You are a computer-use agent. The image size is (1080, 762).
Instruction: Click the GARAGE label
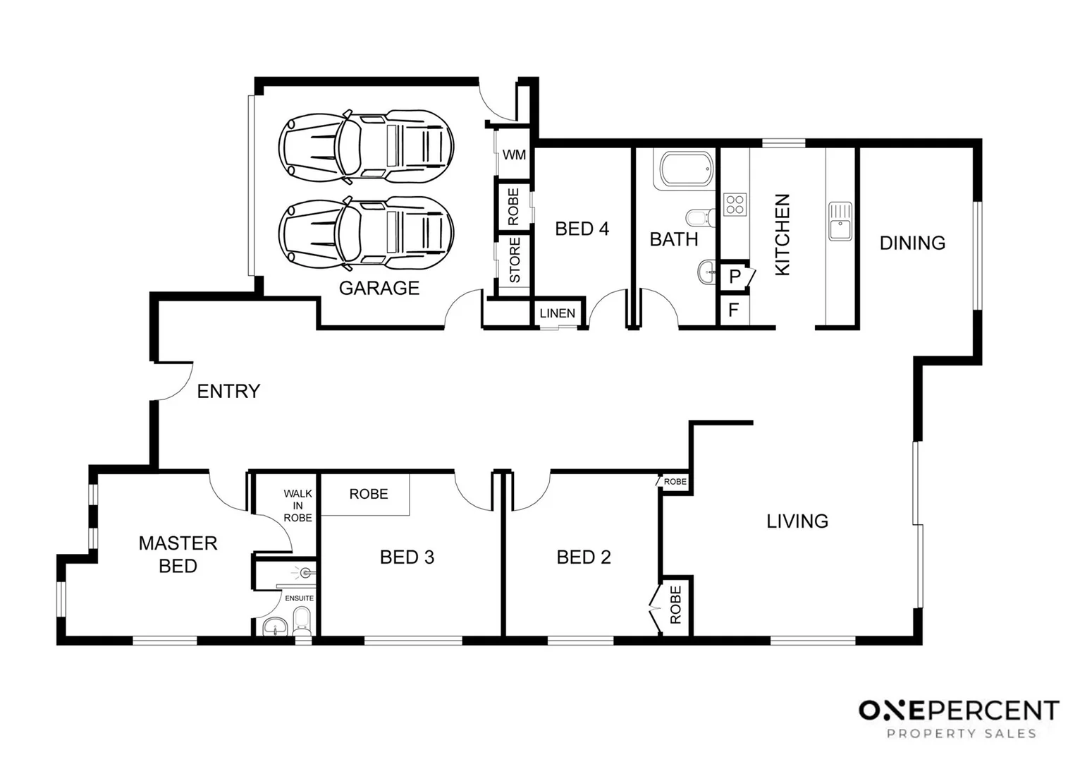[x=379, y=288]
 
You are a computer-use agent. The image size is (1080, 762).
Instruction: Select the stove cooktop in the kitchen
[x=735, y=205]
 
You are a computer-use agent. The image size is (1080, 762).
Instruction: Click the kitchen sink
[x=840, y=221]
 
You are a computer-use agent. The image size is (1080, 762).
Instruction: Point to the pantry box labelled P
[x=735, y=277]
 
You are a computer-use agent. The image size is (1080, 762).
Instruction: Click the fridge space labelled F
[x=733, y=310]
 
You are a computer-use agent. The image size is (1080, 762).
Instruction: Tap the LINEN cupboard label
[x=557, y=313]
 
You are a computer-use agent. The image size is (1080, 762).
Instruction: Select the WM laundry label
[x=514, y=155]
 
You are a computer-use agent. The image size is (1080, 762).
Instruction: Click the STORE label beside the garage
[x=515, y=260]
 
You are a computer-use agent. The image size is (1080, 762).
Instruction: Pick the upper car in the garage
[x=366, y=144]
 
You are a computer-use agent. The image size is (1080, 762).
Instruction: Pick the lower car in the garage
[x=366, y=232]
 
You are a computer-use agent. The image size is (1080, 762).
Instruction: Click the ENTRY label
[x=228, y=391]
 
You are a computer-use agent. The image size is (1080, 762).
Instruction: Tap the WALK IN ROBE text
[x=297, y=506]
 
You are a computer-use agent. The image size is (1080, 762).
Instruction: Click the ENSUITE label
[x=299, y=598]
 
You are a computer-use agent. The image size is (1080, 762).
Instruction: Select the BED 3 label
[x=407, y=557]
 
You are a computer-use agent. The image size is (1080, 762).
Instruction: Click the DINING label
[x=912, y=243]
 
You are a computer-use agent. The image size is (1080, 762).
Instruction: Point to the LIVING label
[x=797, y=521]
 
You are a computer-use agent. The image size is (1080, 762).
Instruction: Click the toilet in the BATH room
[x=699, y=217]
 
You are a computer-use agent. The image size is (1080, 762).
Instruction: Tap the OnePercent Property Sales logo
[x=959, y=718]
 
